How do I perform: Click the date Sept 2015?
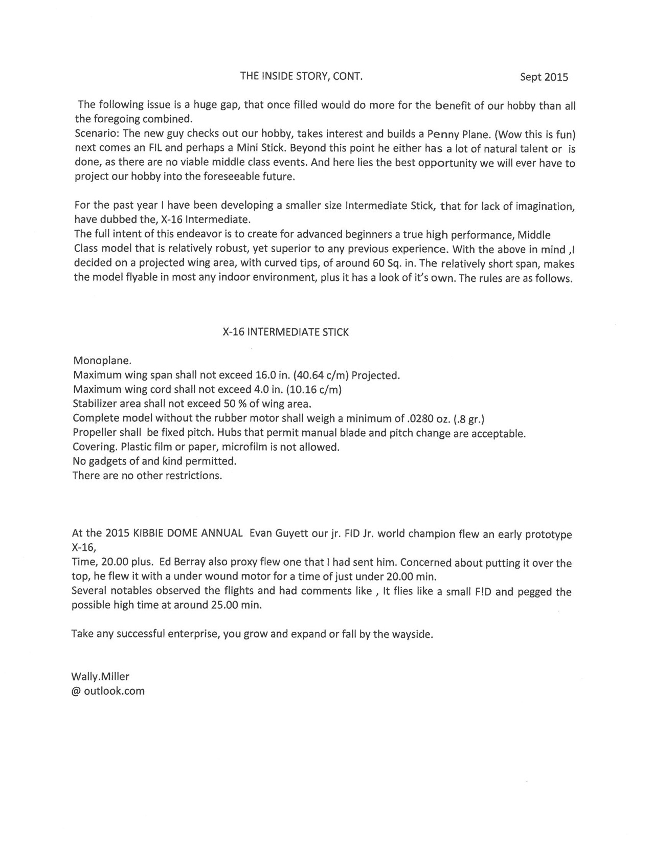coord(544,77)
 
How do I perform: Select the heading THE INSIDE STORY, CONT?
coord(301,77)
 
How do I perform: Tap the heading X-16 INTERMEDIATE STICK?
coord(286,332)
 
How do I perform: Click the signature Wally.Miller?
coord(100,676)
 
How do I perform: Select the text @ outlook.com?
coord(108,691)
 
